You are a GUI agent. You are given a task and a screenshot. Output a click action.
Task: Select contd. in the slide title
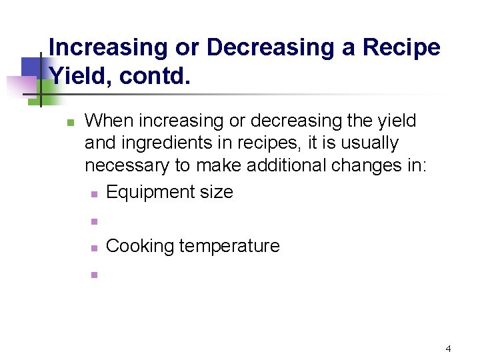(155, 76)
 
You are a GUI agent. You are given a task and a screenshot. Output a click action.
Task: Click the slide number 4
(448, 349)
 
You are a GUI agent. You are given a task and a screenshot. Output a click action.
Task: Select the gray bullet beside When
(70, 122)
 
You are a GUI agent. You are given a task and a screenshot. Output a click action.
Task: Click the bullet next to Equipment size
(94, 194)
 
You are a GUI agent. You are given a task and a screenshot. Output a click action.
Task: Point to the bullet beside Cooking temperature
(94, 248)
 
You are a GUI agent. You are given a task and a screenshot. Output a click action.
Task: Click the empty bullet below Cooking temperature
(94, 274)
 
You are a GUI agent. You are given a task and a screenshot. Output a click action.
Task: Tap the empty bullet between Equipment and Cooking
(94, 221)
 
